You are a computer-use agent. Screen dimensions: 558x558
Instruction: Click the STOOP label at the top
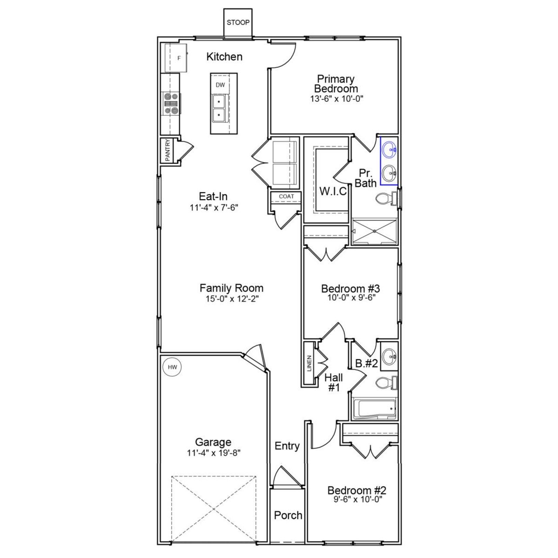[238, 23]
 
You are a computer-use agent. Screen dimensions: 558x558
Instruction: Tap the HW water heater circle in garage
[172, 367]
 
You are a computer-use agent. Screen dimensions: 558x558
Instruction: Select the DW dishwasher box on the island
[220, 85]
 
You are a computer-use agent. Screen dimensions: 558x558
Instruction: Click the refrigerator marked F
[176, 58]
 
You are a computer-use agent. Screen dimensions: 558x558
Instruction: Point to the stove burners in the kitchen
[171, 104]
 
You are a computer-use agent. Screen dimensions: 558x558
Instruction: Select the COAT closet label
[286, 197]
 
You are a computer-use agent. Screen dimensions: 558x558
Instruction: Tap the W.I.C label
[333, 191]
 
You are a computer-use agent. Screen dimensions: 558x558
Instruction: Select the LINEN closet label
[310, 363]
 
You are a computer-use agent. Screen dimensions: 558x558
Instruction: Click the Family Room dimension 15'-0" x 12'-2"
[231, 299]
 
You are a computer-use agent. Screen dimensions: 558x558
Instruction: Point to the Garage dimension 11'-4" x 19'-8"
[214, 453]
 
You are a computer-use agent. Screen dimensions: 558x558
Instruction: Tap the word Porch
[288, 515]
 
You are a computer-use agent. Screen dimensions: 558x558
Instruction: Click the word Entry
[287, 446]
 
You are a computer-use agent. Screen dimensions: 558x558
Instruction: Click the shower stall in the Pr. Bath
[374, 231]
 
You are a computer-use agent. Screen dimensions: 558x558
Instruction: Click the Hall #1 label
[333, 382]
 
